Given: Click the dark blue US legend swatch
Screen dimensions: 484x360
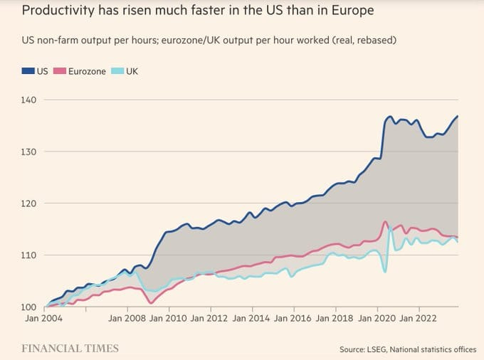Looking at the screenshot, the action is [x=28, y=71].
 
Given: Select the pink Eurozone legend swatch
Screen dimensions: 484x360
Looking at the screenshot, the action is [x=60, y=71].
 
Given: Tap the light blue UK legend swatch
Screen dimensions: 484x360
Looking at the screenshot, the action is [x=117, y=71].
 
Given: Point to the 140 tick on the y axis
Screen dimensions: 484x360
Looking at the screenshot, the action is [x=28, y=100].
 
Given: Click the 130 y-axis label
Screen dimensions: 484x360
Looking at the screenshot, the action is [x=28, y=152].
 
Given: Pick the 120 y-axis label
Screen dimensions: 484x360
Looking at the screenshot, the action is [x=28, y=203].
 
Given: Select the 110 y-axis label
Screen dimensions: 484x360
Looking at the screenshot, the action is [x=28, y=255].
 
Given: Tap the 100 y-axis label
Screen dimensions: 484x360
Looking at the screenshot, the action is [x=28, y=307].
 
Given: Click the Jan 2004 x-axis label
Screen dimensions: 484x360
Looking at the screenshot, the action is [x=43, y=318].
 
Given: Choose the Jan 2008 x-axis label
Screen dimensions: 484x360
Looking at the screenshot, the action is [x=127, y=318].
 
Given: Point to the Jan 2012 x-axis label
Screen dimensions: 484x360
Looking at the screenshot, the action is [x=209, y=318].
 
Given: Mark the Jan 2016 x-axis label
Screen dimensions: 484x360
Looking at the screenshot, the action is [x=293, y=318].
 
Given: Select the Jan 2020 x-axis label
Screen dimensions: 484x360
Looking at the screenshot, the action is [x=377, y=318].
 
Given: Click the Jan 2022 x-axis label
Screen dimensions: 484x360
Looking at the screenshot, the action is [x=418, y=318].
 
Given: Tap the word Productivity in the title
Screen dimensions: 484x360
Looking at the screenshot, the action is [x=58, y=11].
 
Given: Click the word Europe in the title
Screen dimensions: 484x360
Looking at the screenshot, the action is [x=353, y=10].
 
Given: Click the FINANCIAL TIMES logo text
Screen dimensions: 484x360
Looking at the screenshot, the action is [x=70, y=349].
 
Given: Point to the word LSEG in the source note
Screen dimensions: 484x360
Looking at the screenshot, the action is [x=377, y=349].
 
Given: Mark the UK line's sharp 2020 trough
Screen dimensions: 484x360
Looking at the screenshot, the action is [x=384, y=272].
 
